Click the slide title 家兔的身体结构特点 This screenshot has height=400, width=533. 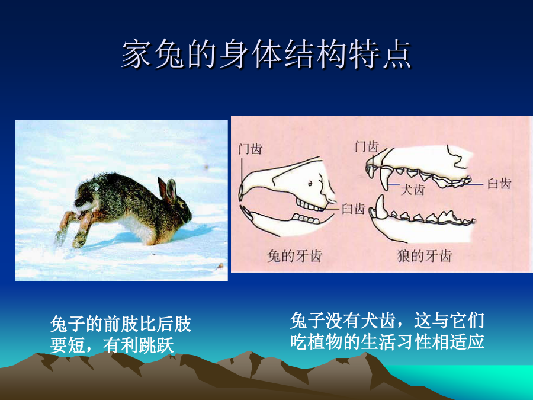(266, 55)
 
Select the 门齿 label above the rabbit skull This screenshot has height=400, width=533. (250, 149)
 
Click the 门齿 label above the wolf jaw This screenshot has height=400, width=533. (367, 146)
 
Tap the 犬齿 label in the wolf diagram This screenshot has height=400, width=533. (413, 190)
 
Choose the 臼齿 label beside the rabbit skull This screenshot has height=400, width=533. (354, 209)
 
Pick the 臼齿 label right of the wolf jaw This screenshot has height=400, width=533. (499, 184)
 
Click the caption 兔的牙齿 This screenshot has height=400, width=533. (295, 256)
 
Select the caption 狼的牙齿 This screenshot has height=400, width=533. (424, 256)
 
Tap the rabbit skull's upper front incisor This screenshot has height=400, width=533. (241, 193)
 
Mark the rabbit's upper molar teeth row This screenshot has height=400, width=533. (310, 205)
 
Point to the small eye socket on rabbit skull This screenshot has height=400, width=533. (310, 184)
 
